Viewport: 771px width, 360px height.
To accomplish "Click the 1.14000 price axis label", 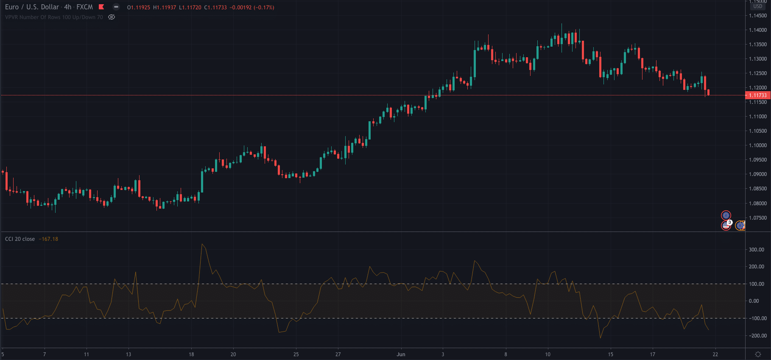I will pos(757,30).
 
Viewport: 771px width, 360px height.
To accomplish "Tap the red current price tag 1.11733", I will pos(757,95).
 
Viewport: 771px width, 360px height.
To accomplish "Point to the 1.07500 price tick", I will pos(757,218).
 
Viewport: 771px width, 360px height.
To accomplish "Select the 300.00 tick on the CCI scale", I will pos(756,250).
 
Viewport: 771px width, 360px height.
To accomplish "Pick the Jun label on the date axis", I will pos(401,354).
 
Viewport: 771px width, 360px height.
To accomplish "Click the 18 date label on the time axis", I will pos(191,354).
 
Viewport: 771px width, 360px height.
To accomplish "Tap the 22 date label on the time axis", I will pos(715,354).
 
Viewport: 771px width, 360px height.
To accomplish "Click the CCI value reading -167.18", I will pos(48,239).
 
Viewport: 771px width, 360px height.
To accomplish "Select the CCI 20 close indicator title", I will pos(20,239).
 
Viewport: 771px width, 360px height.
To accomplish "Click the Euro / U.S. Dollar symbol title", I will pos(32,7).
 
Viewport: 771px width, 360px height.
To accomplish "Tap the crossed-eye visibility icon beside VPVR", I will pos(112,17).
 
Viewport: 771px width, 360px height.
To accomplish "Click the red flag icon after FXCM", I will pos(101,7).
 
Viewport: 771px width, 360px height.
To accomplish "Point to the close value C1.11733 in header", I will pos(215,8).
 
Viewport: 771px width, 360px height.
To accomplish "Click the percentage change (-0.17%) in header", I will pos(264,8).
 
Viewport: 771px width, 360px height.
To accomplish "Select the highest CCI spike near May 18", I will pos(202,244).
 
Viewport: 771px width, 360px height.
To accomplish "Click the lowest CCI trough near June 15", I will pos(600,338).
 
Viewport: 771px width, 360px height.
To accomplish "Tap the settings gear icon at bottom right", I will pos(758,354).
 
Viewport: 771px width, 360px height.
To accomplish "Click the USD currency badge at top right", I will pos(757,6).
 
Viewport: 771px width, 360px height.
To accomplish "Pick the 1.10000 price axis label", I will pos(757,145).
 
